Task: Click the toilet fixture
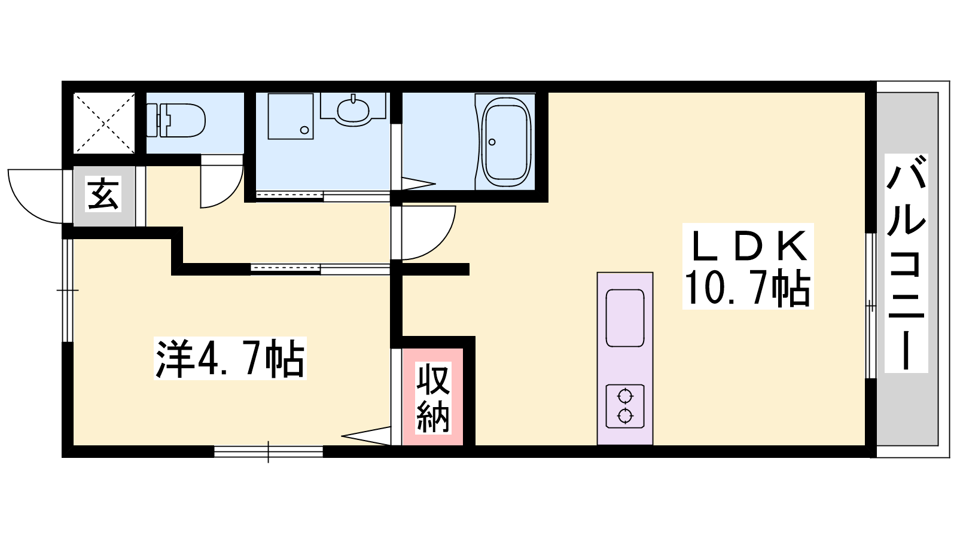tap(176, 120)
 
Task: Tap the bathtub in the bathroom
tap(506, 142)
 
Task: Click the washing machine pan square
tap(291, 117)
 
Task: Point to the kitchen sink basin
tap(625, 317)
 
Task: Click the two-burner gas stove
tap(625, 406)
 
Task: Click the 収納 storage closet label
tap(433, 398)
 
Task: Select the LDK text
tap(748, 246)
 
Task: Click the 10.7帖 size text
tap(747, 288)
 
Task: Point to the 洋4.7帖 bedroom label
tap(230, 358)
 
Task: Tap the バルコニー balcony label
tap(906, 263)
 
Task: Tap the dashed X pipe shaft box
tap(104, 123)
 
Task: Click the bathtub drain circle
tap(492, 142)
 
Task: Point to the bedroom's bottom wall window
tap(269, 452)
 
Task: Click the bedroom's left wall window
tap(68, 291)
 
